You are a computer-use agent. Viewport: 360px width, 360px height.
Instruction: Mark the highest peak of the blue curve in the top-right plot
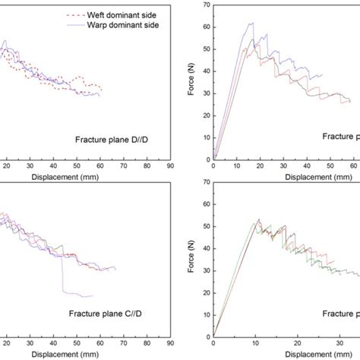[251, 23]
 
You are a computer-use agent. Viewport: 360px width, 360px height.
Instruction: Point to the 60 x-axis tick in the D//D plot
[99, 165]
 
